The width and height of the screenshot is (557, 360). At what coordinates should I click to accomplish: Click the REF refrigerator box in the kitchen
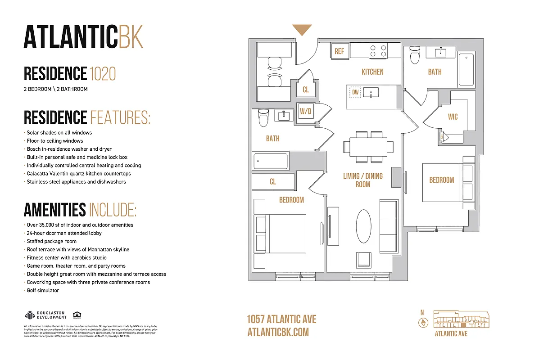pos(339,51)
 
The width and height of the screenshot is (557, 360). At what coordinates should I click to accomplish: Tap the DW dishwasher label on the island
pos(355,93)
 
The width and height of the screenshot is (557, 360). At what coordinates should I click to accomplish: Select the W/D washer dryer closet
pos(306,111)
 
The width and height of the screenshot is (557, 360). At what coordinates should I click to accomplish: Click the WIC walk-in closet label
pos(453,117)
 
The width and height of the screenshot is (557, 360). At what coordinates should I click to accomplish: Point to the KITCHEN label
pos(372,72)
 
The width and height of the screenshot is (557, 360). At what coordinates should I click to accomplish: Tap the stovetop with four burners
pos(378,50)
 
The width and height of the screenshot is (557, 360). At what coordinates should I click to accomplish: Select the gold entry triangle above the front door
pos(302,30)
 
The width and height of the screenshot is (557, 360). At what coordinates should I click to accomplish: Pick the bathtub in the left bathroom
pos(271,161)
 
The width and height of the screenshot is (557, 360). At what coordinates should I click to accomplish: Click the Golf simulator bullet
pos(43,291)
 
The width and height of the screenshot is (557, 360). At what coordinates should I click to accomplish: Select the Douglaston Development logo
pos(46,315)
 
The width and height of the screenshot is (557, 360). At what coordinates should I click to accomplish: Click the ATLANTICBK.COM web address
pos(278,332)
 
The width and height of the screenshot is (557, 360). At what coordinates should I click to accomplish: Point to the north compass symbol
pos(423,322)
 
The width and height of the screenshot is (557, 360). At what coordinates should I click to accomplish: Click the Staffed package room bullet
pos(51,241)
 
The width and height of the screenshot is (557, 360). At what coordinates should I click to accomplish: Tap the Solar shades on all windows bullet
pos(59,133)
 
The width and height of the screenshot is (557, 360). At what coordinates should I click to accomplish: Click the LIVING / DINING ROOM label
pos(363,180)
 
